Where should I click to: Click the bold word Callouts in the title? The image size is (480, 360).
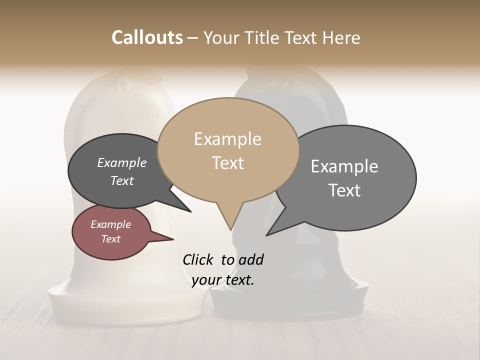tap(147, 37)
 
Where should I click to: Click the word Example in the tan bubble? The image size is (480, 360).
tap(227, 139)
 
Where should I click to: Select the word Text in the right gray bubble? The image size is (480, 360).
tap(344, 190)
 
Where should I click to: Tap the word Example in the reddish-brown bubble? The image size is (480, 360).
tap(110, 224)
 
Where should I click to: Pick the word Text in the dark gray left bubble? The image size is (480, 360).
tap(122, 180)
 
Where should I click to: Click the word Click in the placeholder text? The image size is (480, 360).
tap(198, 259)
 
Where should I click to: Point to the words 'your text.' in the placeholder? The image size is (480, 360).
tap(223, 280)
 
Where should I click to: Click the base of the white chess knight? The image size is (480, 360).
tap(125, 305)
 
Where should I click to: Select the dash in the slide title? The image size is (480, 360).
tap(193, 38)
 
